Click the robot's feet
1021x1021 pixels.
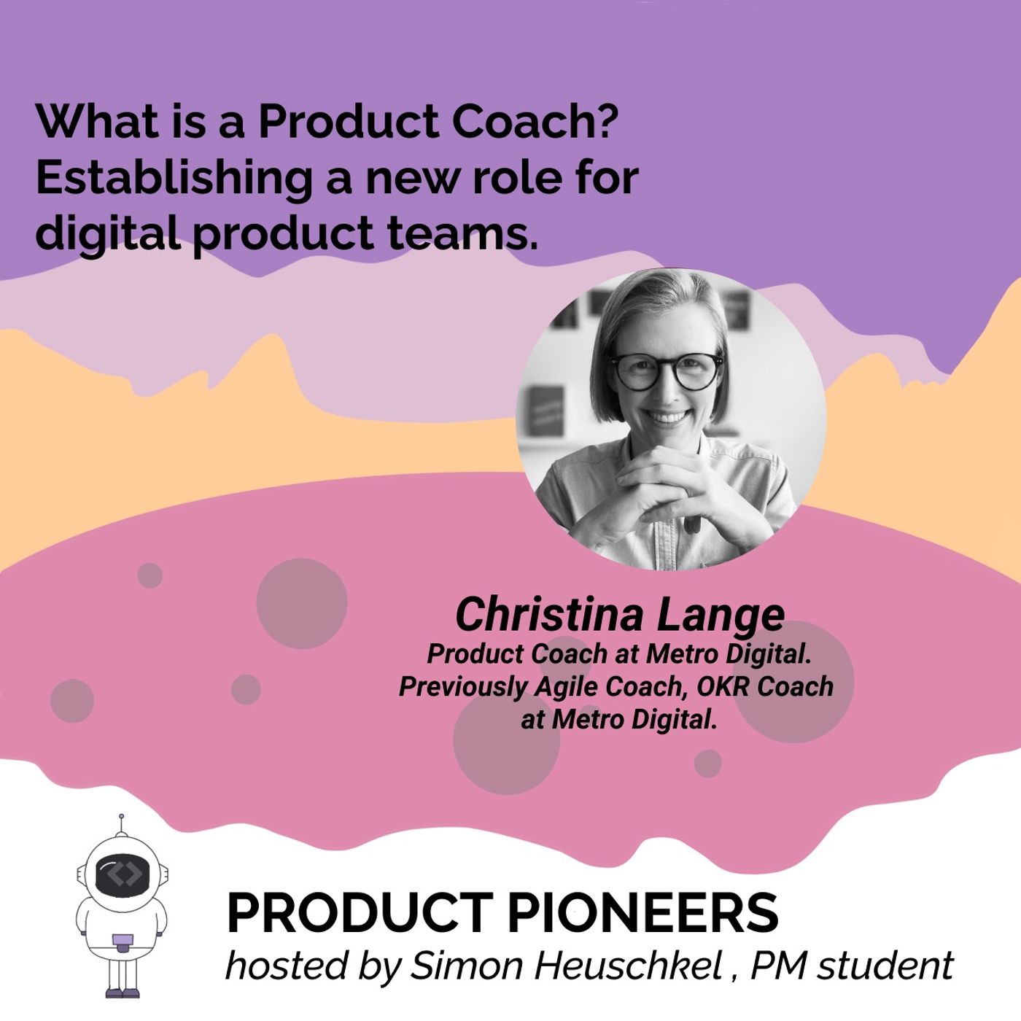[122, 992]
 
